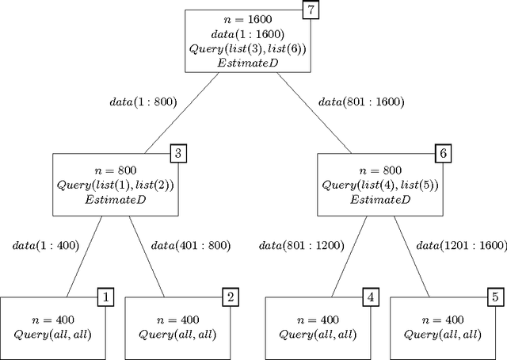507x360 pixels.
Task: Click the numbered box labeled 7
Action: (311, 11)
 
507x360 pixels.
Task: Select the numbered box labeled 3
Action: (179, 153)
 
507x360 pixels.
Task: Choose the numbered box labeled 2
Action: (230, 297)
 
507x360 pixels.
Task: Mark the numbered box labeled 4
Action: (370, 297)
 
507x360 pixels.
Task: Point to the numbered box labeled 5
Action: (495, 297)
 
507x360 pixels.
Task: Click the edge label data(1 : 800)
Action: (143, 102)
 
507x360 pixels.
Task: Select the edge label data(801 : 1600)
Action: (360, 102)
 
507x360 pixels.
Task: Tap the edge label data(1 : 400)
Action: (45, 246)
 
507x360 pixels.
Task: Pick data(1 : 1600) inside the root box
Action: (243, 35)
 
